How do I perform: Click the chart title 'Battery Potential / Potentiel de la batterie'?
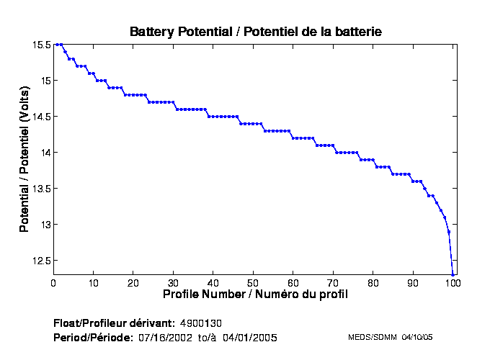coord(255,32)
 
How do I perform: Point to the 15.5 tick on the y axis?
coord(41,45)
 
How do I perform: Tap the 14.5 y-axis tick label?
coord(41,117)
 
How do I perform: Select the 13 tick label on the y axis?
coord(45,225)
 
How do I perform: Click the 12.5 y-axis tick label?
coord(41,261)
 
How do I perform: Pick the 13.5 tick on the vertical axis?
coord(41,189)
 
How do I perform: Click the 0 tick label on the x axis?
coord(53,283)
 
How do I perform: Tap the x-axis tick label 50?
coord(253,283)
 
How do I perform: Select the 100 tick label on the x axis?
coord(453,283)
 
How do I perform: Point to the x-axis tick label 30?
coord(173,283)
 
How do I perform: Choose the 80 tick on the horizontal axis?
coord(373,283)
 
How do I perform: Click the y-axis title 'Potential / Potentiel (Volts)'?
coord(24,159)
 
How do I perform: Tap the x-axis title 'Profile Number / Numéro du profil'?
coord(255,294)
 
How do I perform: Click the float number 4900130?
coord(205,322)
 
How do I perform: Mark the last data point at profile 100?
coord(453,274)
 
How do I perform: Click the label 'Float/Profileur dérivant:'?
coord(114,322)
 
